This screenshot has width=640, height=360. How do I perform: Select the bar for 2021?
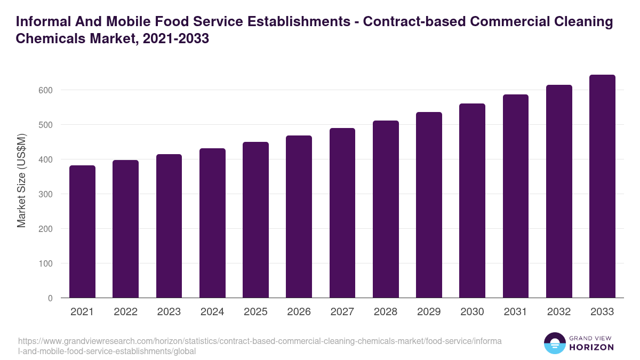coord(82,231)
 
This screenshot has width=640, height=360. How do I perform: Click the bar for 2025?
coord(255,220)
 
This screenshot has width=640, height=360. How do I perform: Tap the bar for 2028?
coord(386,209)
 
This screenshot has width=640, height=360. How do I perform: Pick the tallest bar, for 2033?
coord(602,186)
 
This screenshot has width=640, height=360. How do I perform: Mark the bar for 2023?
coord(169,226)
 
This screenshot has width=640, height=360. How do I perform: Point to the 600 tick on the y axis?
coord(46,90)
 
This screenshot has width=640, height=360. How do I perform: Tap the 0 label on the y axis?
coord(50,298)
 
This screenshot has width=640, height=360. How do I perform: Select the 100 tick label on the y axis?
coord(46,263)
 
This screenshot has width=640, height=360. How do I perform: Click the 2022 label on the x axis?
coord(125,312)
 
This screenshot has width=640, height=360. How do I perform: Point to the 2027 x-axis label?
coord(342,312)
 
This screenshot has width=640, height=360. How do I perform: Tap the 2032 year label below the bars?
coord(559,312)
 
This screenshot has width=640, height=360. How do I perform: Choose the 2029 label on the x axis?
coord(429,312)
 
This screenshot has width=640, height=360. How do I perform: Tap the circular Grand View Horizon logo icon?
coord(554,343)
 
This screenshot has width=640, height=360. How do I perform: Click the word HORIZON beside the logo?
coord(592,347)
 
